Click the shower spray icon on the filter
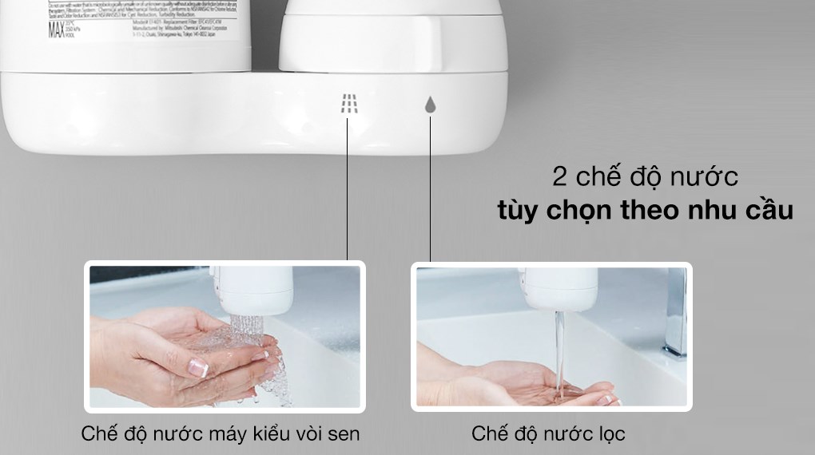tap(348, 104)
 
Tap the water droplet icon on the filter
tap(430, 105)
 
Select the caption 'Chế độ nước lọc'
tap(548, 434)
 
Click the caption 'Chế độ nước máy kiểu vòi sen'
tap(221, 434)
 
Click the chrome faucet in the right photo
tap(675, 311)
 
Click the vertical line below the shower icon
tap(348, 192)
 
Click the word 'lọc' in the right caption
tap(610, 434)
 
